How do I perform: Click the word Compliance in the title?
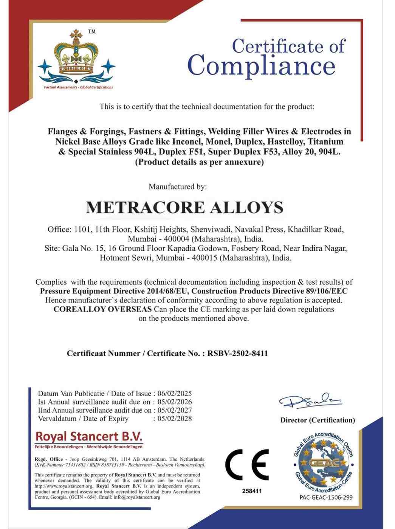pos(261,66)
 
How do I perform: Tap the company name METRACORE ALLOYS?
pos(184,208)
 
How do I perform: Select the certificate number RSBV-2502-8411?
pos(237,354)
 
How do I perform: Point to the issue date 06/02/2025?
pos(175,394)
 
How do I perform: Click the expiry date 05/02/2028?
pos(175,419)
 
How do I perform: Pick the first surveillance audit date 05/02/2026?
pos(175,402)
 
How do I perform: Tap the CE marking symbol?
pos(247,465)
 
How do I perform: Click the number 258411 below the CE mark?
pos(252,491)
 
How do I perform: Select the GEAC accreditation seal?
pos(324,462)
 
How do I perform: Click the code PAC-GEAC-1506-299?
pos(326,497)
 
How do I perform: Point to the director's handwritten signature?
pos(310,401)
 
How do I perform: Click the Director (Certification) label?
pos(318,420)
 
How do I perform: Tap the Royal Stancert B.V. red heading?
pos(89,436)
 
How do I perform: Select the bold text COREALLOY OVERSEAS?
pos(102,309)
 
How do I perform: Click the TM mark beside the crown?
pos(91,32)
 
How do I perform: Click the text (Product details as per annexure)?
pos(199,162)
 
